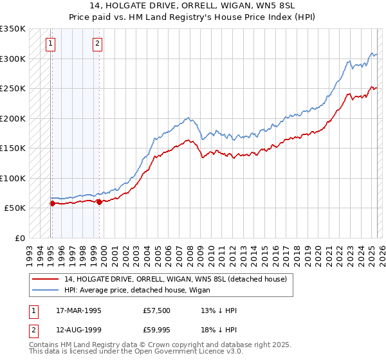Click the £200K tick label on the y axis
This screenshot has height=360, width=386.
[12, 118]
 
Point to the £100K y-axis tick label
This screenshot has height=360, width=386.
[12, 178]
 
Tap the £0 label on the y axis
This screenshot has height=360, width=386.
[19, 238]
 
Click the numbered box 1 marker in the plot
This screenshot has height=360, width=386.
[50, 44]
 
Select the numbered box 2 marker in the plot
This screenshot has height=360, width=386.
[97, 44]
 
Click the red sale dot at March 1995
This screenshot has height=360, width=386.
[52, 204]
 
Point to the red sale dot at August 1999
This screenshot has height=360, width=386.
[100, 203]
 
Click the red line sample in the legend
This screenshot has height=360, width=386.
[45, 279]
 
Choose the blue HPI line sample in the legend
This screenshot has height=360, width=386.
[45, 290]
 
